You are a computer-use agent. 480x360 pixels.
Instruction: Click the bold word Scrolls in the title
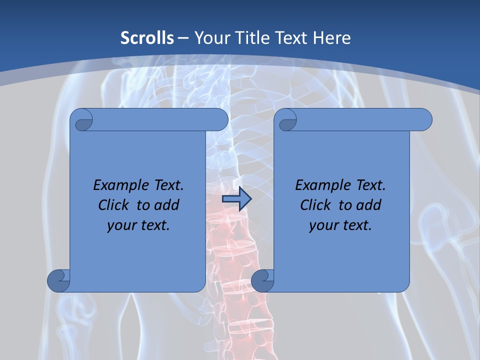point(147,37)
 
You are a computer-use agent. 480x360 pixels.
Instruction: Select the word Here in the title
point(332,37)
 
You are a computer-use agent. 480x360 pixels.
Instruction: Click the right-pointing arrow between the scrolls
point(236,199)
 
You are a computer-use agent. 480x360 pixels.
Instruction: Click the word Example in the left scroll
point(116,185)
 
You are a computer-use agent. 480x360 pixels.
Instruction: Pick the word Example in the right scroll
point(318,185)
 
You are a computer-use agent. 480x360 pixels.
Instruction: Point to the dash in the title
point(183,38)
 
